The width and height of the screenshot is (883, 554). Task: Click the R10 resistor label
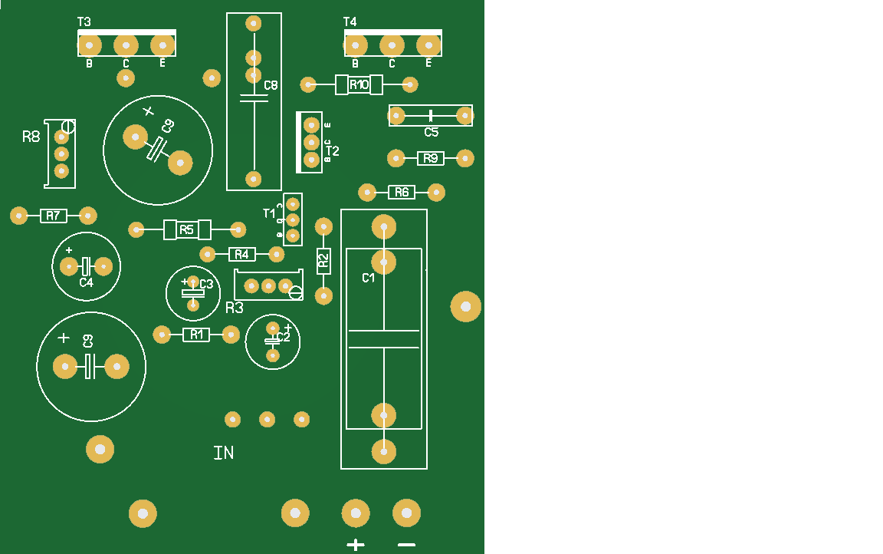359,84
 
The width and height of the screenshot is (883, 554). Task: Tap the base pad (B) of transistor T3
90,45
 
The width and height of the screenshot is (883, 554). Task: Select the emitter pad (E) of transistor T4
428,45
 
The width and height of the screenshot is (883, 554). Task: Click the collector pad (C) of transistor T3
126,45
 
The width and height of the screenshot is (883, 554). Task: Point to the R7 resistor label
52,216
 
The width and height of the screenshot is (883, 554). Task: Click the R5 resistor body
187,229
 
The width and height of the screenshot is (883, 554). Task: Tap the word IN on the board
223,453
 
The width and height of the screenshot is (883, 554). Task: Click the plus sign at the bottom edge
356,545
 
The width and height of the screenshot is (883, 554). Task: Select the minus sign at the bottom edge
407,545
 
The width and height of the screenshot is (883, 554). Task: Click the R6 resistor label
402,193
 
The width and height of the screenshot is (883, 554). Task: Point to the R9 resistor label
430,158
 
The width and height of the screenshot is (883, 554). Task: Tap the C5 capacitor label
432,132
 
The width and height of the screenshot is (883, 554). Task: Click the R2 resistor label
323,261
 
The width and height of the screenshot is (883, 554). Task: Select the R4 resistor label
241,254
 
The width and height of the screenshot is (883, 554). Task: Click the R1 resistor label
196,335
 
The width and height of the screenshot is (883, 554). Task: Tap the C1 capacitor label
369,278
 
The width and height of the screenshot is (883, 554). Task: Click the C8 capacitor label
271,85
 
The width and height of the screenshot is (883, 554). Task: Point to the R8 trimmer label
31,137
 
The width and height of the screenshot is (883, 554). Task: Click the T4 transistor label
350,21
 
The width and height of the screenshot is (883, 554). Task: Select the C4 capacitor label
86,282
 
